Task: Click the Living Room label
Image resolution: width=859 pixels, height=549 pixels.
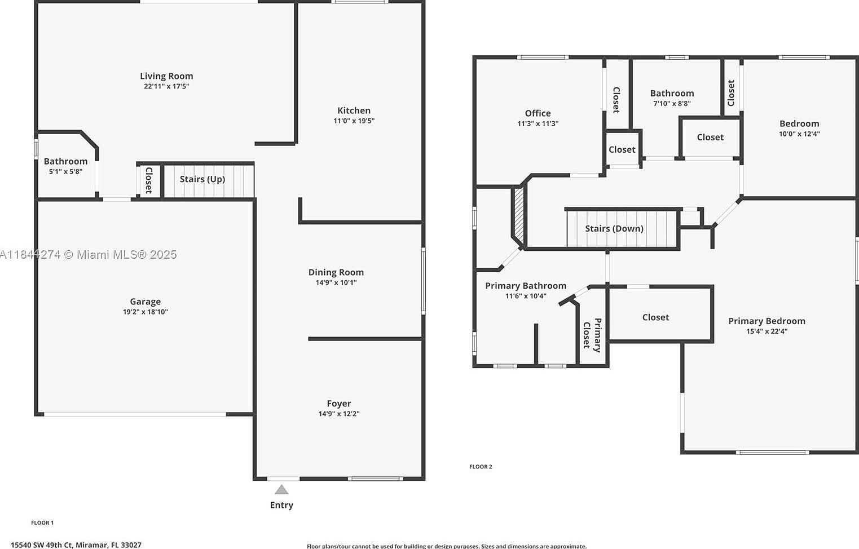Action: click(x=166, y=76)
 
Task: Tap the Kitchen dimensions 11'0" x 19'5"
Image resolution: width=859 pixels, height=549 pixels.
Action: click(x=354, y=121)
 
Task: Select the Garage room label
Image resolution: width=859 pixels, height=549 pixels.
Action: click(x=145, y=302)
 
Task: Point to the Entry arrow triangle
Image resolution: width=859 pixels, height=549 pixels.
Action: click(x=281, y=490)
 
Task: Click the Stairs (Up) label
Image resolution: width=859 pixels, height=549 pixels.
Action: click(x=202, y=179)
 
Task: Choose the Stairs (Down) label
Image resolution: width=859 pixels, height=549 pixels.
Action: click(x=614, y=228)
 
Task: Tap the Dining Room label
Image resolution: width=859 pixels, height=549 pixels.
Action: click(x=336, y=272)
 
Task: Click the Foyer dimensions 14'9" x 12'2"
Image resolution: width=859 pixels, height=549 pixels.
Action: click(x=338, y=414)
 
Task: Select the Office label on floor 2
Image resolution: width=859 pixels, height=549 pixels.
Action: click(x=538, y=113)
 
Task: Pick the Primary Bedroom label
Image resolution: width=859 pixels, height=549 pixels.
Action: click(x=767, y=321)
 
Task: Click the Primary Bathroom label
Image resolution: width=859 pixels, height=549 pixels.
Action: click(x=526, y=286)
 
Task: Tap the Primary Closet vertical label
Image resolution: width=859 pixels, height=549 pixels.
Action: click(x=592, y=335)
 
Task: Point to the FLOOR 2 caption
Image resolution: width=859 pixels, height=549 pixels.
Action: click(x=481, y=467)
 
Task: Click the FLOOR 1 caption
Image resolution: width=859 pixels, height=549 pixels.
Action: click(x=42, y=523)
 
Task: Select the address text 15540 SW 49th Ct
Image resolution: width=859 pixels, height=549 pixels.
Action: click(x=76, y=544)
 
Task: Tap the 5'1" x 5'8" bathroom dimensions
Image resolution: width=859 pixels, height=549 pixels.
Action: click(x=65, y=171)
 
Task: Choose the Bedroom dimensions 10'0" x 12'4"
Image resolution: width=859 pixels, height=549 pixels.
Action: click(x=799, y=134)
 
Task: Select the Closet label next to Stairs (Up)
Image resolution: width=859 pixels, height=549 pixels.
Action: click(x=149, y=180)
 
